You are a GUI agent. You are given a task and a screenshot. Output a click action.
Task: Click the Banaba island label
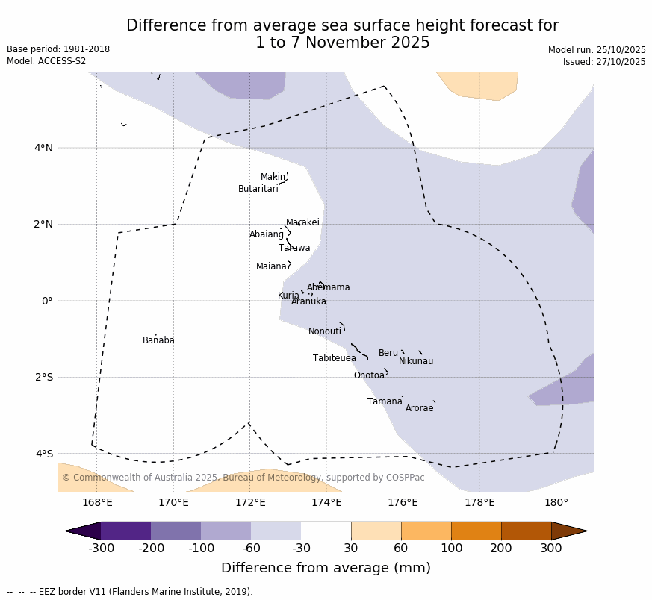pos(158,340)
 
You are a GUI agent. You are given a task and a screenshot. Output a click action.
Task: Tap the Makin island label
pos(273,177)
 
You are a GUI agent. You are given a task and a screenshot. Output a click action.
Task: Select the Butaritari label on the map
pos(258,189)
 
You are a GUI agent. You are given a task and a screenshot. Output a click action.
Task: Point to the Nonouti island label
pos(325,331)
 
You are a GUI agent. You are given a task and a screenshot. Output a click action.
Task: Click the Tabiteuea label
pos(334,358)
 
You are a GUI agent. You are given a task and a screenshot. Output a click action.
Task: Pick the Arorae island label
pos(419,408)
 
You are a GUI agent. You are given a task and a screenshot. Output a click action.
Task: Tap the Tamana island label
pos(385,401)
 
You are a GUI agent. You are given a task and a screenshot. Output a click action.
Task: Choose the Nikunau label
pos(415,361)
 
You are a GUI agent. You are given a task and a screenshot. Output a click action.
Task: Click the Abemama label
pos(328,287)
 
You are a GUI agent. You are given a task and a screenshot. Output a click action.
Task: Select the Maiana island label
pos(271,266)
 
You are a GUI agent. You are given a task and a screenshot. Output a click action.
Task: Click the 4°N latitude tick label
pos(43,148)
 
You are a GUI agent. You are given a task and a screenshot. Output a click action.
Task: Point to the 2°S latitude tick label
pos(43,377)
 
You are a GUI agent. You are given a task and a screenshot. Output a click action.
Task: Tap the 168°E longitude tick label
pos(97,502)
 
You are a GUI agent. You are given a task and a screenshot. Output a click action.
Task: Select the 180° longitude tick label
pos(556,502)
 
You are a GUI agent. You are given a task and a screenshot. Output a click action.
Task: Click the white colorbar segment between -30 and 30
pos(326,531)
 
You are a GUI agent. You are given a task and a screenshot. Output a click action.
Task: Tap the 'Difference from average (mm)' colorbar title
pos(326,568)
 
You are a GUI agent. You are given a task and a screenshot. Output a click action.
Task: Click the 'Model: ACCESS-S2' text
pos(46,61)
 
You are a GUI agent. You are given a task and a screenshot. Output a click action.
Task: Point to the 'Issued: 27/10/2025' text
pos(604,62)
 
